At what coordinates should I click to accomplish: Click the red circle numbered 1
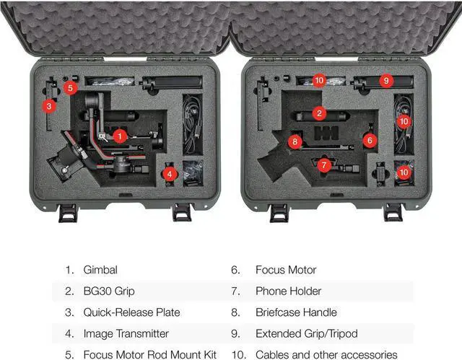point(121,135)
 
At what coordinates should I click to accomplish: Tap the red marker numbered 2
point(319,113)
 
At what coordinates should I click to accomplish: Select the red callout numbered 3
point(48,106)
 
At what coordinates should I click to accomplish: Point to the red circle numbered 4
point(169,173)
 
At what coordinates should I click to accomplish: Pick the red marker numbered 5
point(69,88)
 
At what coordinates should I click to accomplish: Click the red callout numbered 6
point(370,141)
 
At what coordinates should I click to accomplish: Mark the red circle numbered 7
point(324,165)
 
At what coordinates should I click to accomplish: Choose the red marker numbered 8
point(295,141)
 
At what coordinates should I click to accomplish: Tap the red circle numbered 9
point(386,81)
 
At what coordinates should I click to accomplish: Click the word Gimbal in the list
point(100,270)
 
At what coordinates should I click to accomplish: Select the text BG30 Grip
point(110,291)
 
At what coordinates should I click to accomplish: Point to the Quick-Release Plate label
point(131,312)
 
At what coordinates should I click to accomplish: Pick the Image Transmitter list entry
point(126,333)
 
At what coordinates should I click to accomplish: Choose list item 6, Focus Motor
point(286,270)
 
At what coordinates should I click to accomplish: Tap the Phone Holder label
point(288,291)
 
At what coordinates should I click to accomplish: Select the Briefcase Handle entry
point(296,312)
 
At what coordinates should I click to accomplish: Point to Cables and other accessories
point(326,354)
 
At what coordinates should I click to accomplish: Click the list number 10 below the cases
point(238,354)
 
